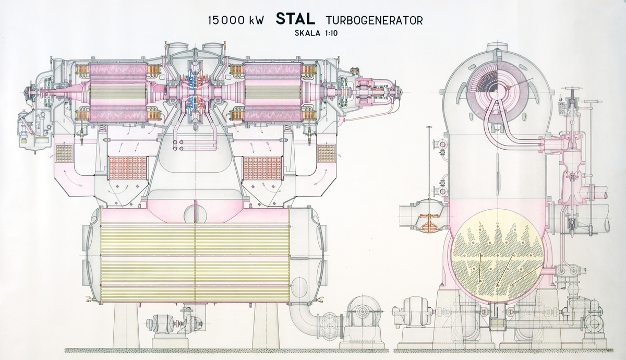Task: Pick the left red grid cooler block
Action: click(127, 167)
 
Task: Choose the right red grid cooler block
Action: click(262, 167)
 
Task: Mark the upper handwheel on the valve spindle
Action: click(573, 95)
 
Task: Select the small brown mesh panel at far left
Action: click(63, 153)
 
